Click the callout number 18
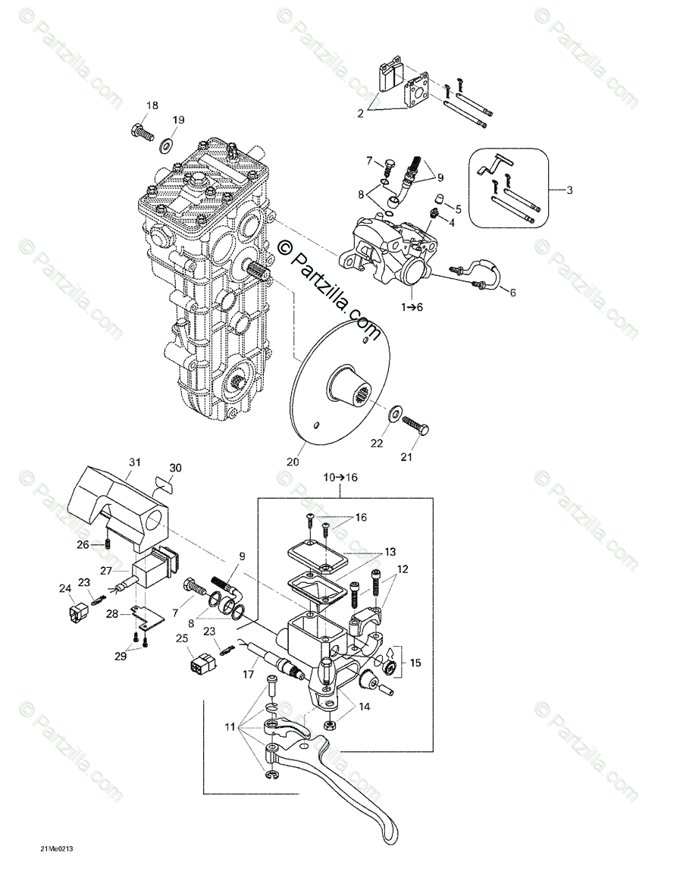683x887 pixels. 152,105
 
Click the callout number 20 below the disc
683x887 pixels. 293,461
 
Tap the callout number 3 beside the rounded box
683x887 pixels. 569,190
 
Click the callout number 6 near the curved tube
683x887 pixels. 512,293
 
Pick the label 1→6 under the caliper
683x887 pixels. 412,306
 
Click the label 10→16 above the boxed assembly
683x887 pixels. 340,477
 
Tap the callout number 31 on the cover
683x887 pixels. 134,462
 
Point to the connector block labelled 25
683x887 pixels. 199,663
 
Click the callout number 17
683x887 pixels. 249,674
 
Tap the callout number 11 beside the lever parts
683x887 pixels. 230,728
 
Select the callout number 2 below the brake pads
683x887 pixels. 361,114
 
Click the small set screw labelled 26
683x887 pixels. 106,544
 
